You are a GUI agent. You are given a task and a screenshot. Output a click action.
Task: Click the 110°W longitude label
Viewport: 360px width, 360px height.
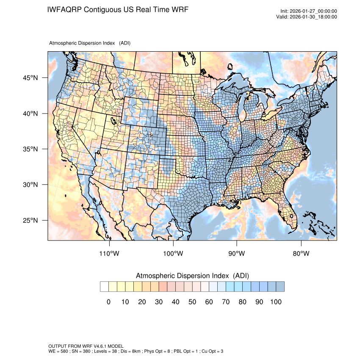coord(110,254)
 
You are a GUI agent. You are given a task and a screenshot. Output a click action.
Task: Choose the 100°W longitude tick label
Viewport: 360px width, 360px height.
coord(173,254)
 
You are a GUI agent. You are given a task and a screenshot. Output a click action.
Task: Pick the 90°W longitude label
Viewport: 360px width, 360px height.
coord(237,254)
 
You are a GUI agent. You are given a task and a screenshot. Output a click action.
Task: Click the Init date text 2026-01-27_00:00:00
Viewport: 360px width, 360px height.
coord(313,11)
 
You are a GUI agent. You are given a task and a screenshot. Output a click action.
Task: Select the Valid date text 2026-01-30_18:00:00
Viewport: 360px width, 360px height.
coord(313,17)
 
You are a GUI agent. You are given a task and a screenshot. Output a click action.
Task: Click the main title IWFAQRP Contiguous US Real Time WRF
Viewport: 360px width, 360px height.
coord(118,9)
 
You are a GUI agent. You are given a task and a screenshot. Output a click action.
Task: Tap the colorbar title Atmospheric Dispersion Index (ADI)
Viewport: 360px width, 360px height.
coord(192,276)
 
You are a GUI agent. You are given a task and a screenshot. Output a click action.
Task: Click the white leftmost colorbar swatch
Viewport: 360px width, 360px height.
coord(104,287)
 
